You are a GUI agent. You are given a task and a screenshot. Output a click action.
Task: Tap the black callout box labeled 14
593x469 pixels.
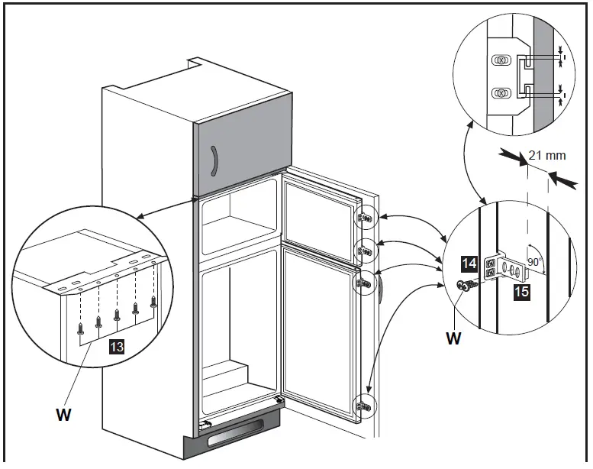pyautogui.click(x=471, y=264)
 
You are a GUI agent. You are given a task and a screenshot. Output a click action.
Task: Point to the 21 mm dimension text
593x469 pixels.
pyautogui.click(x=547, y=155)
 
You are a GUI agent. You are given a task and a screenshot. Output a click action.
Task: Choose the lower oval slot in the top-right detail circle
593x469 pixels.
pyautogui.click(x=500, y=92)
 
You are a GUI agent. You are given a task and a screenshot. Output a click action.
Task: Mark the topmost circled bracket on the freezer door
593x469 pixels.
pyautogui.click(x=365, y=218)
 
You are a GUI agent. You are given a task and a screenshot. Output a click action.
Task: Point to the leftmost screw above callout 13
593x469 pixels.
pyautogui.click(x=81, y=329)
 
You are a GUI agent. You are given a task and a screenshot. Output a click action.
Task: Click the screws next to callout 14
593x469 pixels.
pyautogui.click(x=466, y=286)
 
